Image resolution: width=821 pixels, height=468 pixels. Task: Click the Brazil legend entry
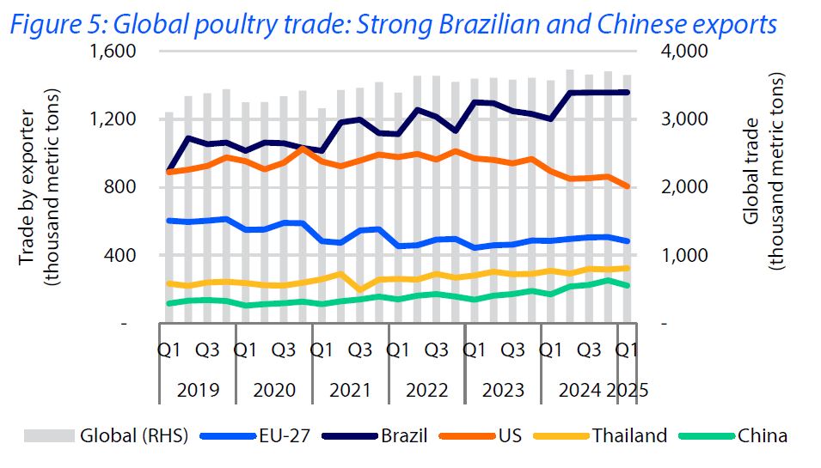pyautogui.click(x=403, y=435)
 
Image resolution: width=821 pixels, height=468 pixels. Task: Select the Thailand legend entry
pyautogui.click(x=628, y=435)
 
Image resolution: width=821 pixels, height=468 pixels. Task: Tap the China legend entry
pyautogui.click(x=762, y=435)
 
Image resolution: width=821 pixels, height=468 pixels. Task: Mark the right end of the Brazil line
pyautogui.click(x=627, y=92)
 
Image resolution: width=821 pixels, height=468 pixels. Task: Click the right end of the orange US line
pyautogui.click(x=627, y=185)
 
